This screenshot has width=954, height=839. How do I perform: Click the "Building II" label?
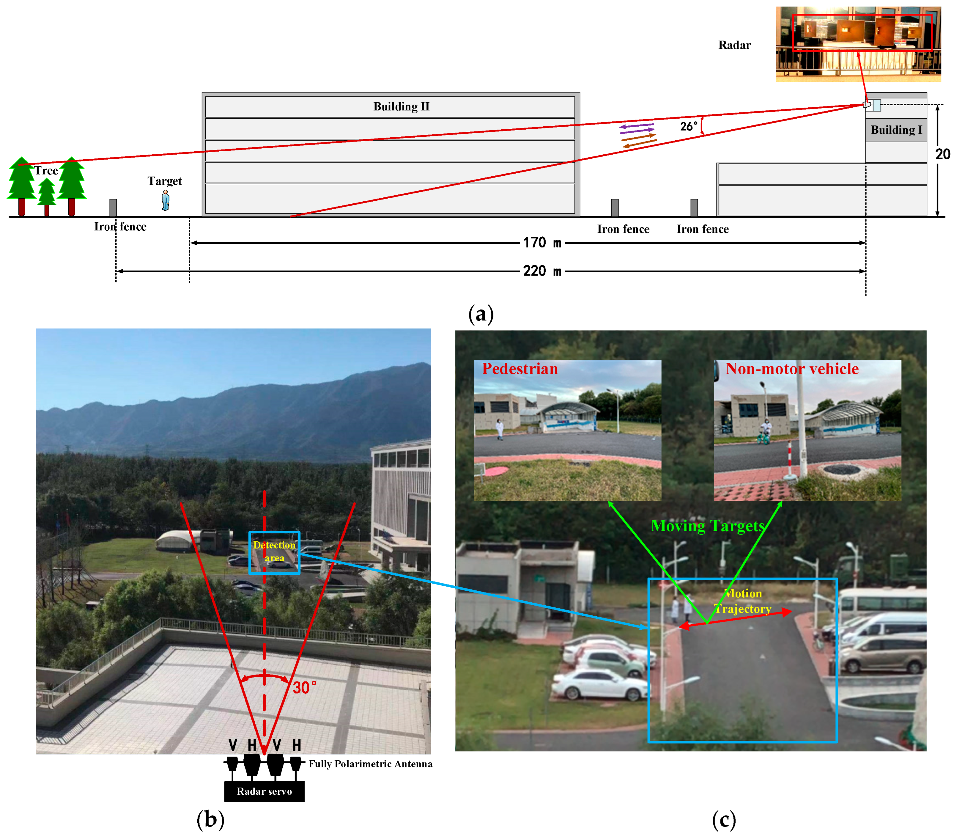pos(401,106)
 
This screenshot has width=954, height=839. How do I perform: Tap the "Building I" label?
pos(896,130)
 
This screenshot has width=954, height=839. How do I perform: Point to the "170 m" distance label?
pos(541,243)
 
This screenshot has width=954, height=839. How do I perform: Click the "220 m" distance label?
pos(541,271)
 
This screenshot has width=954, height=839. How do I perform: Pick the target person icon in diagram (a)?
pos(165,200)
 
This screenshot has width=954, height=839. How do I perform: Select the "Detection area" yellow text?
pos(274,551)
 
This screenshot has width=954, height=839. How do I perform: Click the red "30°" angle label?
pos(304,688)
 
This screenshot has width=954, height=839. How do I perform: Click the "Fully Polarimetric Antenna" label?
pos(370,764)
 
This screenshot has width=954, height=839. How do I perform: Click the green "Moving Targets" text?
pos(708,526)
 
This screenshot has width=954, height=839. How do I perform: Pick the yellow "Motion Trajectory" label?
pos(743,601)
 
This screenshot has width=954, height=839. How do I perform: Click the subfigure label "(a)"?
pos(481,314)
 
